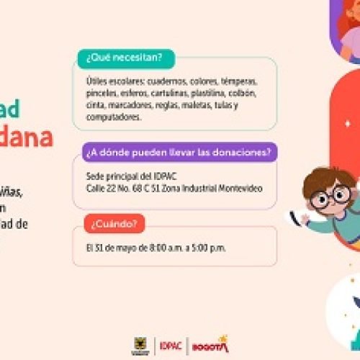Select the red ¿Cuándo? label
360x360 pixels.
[x=112, y=224]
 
